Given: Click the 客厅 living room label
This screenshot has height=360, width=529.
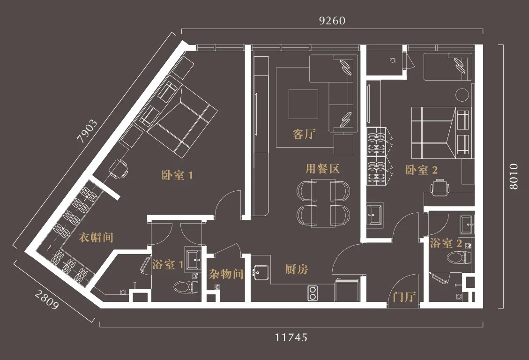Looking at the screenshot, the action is click(304, 134).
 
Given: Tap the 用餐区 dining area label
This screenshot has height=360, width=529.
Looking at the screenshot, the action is click(322, 168).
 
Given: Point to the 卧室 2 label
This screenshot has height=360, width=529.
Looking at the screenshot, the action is click(421, 170).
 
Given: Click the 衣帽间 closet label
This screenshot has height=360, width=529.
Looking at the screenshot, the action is click(96, 238).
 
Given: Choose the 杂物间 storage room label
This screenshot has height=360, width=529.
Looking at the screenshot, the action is click(226, 274).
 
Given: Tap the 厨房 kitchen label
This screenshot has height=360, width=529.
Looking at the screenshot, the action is click(297, 269).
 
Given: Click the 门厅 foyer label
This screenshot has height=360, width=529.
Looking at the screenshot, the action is click(404, 297).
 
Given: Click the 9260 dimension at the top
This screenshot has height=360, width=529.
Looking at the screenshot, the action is click(332, 21).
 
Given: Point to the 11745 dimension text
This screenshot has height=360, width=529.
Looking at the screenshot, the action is click(291, 337).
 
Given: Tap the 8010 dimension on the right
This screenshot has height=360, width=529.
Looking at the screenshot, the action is click(513, 176).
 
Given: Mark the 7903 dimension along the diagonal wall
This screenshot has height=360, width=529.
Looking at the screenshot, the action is click(87, 131).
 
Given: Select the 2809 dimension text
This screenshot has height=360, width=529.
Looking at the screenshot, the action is click(46, 300).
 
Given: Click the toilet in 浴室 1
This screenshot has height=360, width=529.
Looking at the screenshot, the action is click(184, 287).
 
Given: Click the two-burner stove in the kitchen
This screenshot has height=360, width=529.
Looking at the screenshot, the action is click(313, 293).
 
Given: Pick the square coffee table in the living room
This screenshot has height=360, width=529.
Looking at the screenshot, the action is click(303, 104).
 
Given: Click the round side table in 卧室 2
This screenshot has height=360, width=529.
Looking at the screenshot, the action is click(462, 95).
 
